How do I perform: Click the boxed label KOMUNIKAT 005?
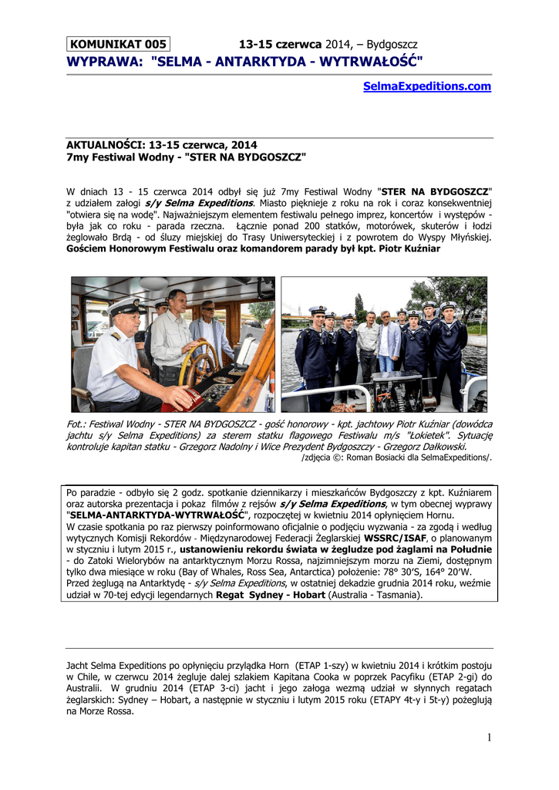pyautogui.click(x=118, y=44)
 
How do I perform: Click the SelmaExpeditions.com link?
pyautogui.click(x=426, y=86)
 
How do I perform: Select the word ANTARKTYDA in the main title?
pyautogui.click(x=238, y=61)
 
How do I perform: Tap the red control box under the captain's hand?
pyautogui.click(x=184, y=400)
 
